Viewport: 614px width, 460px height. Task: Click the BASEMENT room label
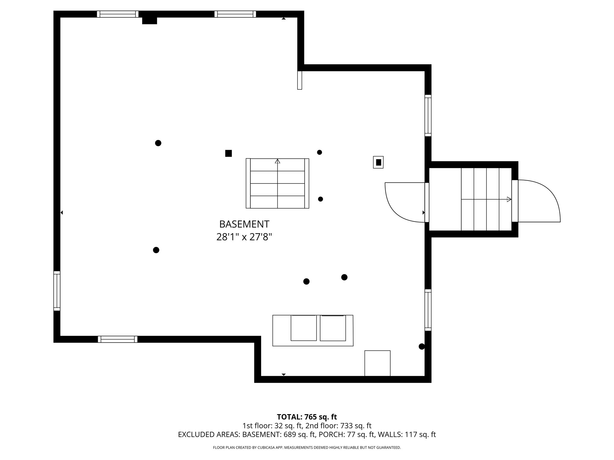tap(244, 224)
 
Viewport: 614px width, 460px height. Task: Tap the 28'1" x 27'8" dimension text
tap(244, 237)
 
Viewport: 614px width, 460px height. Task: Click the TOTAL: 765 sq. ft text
tap(307, 417)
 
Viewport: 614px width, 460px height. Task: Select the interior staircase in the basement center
tap(277, 183)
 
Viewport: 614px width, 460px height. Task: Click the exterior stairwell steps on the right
tap(486, 199)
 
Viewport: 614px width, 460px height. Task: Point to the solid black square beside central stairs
tap(228, 153)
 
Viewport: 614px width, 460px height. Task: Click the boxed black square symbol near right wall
tap(378, 162)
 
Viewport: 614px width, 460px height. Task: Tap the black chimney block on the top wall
tap(149, 20)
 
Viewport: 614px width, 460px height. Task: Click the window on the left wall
tap(57, 291)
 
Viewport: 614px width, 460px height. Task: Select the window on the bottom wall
tap(118, 339)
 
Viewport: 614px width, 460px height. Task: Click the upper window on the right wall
tap(428, 115)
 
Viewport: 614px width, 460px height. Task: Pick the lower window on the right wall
tap(428, 310)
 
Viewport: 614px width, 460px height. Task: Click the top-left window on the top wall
tap(118, 14)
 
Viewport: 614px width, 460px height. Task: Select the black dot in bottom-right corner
tap(422, 346)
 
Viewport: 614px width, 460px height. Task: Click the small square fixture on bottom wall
tap(377, 363)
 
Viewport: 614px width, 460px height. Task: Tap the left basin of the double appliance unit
tap(303, 328)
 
